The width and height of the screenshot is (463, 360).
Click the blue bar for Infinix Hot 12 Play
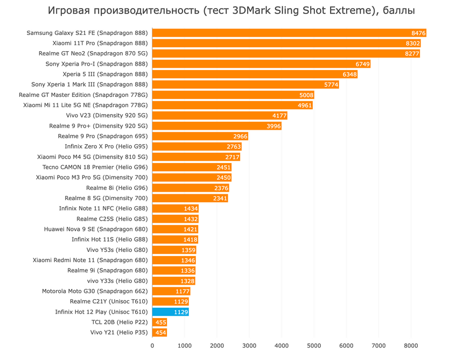click(170, 312)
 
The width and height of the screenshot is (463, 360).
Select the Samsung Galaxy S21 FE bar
click(289, 33)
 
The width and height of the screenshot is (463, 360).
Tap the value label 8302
click(412, 44)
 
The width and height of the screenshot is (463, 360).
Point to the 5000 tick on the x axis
click(314, 345)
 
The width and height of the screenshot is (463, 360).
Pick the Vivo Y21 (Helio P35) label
click(119, 333)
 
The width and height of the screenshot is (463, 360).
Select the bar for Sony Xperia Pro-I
click(261, 64)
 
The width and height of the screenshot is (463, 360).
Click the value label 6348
click(349, 74)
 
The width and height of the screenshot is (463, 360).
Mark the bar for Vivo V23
click(220, 116)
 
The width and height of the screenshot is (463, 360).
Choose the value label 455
click(160, 322)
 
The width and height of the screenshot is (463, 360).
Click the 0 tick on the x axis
click(152, 345)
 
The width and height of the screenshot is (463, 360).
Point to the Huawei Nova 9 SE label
click(96, 229)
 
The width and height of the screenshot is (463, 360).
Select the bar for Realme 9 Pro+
click(216, 126)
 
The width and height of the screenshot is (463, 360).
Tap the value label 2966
click(240, 136)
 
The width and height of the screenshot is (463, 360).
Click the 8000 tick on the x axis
click(411, 345)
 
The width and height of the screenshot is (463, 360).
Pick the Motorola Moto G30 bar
click(171, 291)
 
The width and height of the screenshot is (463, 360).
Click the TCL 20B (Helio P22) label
click(120, 322)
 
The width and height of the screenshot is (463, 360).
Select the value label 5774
click(331, 85)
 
